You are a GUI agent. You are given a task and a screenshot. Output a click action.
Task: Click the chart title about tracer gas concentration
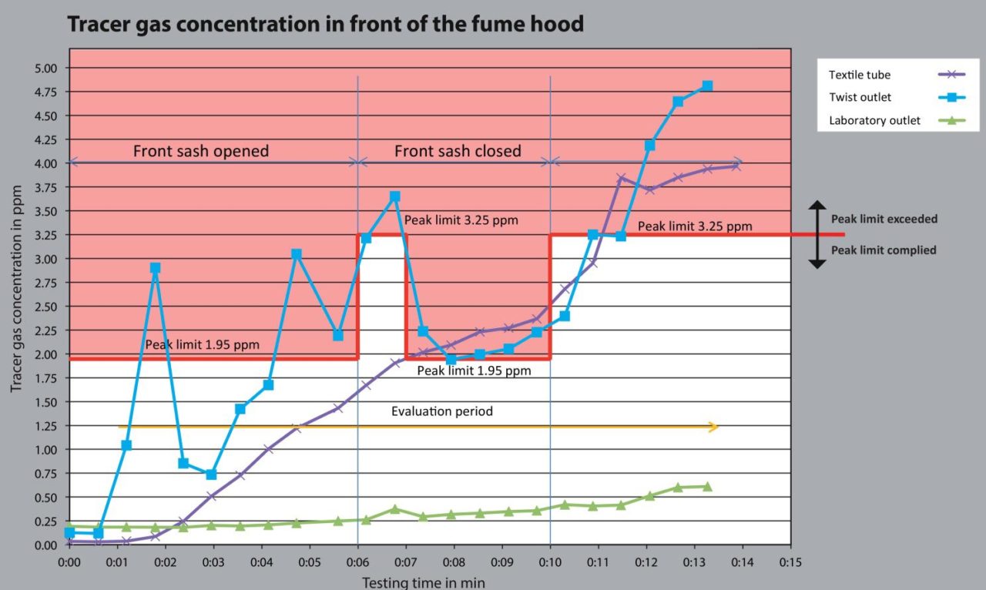click(x=326, y=25)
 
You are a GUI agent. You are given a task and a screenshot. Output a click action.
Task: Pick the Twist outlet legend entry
click(x=860, y=98)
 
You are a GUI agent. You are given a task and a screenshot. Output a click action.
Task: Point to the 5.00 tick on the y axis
click(x=46, y=68)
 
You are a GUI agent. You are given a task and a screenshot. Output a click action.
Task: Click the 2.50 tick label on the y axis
click(x=46, y=307)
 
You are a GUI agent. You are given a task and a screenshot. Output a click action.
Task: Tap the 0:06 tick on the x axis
click(x=357, y=562)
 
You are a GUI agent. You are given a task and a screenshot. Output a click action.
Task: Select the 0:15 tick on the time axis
click(x=790, y=562)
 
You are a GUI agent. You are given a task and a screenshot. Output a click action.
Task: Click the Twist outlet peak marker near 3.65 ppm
click(x=395, y=196)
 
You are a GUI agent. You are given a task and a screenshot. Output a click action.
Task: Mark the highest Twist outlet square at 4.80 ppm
click(x=707, y=85)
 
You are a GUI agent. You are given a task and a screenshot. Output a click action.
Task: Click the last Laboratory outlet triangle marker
click(x=707, y=486)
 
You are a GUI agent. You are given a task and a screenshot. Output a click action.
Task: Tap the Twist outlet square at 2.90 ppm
click(x=155, y=268)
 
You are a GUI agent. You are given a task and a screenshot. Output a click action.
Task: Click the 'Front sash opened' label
click(x=201, y=151)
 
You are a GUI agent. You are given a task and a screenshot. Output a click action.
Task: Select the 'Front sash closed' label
click(x=458, y=151)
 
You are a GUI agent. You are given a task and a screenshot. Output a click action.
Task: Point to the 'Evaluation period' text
click(x=441, y=411)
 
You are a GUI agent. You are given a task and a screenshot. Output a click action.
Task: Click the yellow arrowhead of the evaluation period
click(x=714, y=427)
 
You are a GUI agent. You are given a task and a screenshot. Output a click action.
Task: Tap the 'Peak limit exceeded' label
click(x=884, y=219)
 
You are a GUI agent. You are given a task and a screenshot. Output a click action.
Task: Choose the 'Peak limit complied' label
click(x=884, y=250)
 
